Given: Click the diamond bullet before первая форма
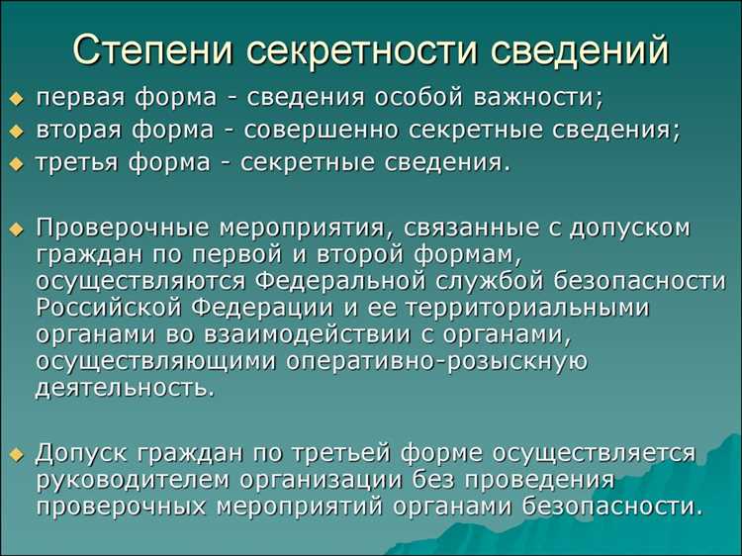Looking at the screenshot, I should tap(16, 100).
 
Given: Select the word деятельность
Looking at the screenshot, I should tap(125, 388).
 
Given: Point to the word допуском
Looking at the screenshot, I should tap(632, 228).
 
